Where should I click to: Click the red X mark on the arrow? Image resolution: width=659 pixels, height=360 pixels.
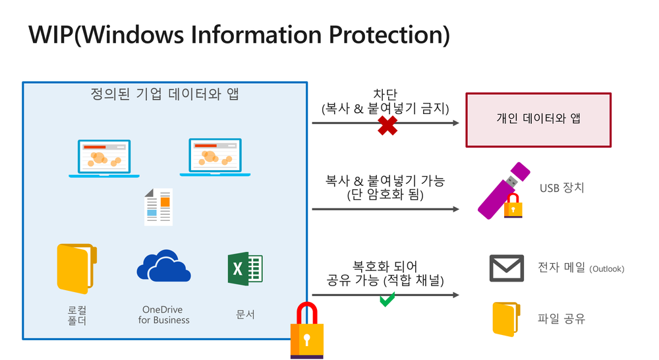pos(387,125)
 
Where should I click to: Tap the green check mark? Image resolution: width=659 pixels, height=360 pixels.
pos(387,300)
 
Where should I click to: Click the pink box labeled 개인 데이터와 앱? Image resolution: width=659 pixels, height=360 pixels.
pos(538,119)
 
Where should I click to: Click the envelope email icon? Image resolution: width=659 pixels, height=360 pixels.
pos(507,268)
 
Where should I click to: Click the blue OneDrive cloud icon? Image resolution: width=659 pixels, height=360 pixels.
pos(164,267)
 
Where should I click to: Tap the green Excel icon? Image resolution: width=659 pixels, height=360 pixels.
pos(245,269)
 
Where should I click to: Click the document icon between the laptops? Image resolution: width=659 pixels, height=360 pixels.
pos(159,206)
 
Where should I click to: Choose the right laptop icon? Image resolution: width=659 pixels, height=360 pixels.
pos(215,157)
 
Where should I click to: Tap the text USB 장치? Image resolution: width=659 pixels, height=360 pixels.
pos(561,188)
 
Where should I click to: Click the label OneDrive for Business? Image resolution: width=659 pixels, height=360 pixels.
pos(164,315)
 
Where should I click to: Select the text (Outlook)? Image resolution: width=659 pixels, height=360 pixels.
pos(607,269)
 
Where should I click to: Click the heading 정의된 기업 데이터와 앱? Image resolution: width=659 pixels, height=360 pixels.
pos(165,94)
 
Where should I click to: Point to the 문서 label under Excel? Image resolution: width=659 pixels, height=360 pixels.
pos(245,315)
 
